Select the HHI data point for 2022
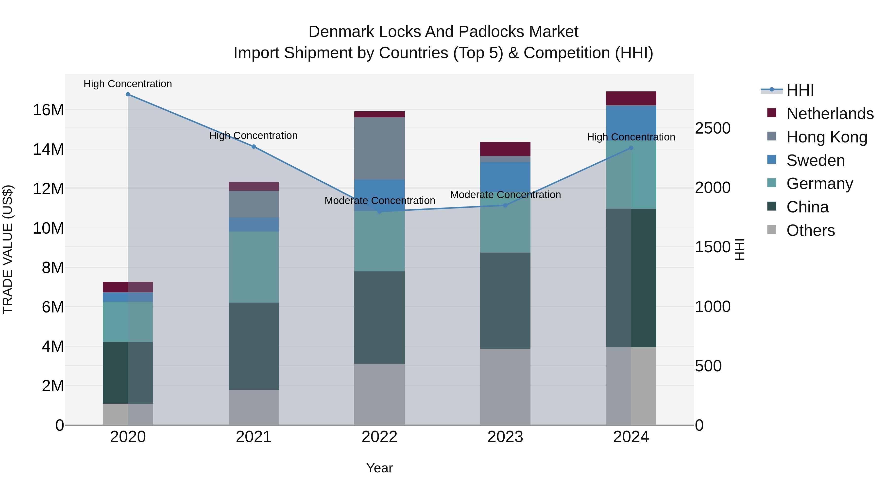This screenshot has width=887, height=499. pos(379,211)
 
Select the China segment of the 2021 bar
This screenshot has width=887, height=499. pos(254,346)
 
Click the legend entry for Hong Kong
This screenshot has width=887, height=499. pos(826,137)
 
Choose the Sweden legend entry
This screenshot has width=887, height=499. pos(815,160)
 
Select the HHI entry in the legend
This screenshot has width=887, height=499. pos(800,90)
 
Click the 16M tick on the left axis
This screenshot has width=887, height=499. pos(48,110)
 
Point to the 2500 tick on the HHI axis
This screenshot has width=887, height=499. pos(712,128)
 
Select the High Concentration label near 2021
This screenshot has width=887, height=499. pos(254,136)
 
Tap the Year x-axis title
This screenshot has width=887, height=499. pos(379,468)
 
